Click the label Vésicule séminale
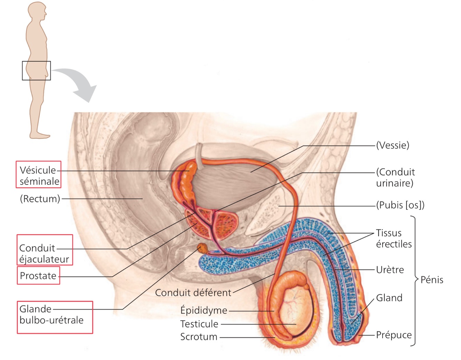39,175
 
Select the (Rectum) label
40,199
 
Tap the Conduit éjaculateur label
44,253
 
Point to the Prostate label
38,276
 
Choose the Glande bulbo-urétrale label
51,314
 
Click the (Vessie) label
393,145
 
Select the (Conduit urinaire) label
395,177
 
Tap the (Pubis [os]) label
400,205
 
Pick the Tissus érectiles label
394,238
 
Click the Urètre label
390,269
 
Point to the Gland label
389,298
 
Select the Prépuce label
394,335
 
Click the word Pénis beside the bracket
432,280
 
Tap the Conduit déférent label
193,293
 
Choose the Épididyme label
204,310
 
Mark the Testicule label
199,324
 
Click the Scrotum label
199,337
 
